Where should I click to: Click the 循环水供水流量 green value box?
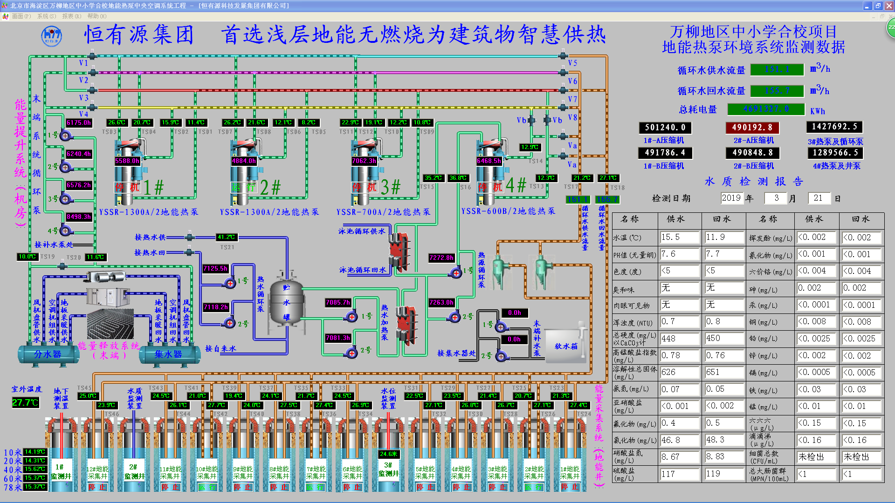777,70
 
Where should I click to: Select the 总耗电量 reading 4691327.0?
766,109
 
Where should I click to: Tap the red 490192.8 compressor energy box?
752,128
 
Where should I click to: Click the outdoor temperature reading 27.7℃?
25,403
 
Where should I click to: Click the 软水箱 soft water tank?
566,346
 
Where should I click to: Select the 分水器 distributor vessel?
48,354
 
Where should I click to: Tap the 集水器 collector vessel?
168,354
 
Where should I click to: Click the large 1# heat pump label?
153,188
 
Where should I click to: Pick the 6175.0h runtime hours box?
79,123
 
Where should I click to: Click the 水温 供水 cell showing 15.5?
680,238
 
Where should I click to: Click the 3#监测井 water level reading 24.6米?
388,454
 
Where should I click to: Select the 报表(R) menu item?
71,16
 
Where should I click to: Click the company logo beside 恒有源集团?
51,36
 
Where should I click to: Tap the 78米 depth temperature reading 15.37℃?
35,487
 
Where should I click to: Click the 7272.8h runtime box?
441,258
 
